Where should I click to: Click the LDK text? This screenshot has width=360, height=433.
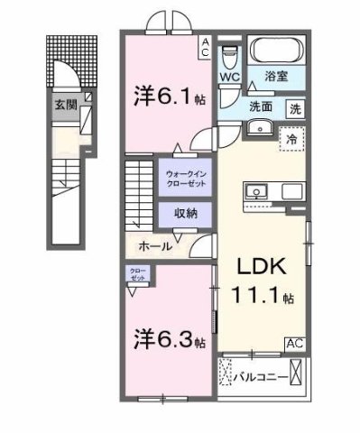263,268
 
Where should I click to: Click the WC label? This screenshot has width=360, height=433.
229,78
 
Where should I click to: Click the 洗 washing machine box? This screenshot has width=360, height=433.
295,108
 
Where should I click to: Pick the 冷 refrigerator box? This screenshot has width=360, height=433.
291,139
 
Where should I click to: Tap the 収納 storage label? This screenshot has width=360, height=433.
186,213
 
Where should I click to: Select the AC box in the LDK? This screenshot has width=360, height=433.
295,343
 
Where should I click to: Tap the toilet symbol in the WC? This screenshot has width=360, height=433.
229,55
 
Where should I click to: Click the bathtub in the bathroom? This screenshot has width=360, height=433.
278,51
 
